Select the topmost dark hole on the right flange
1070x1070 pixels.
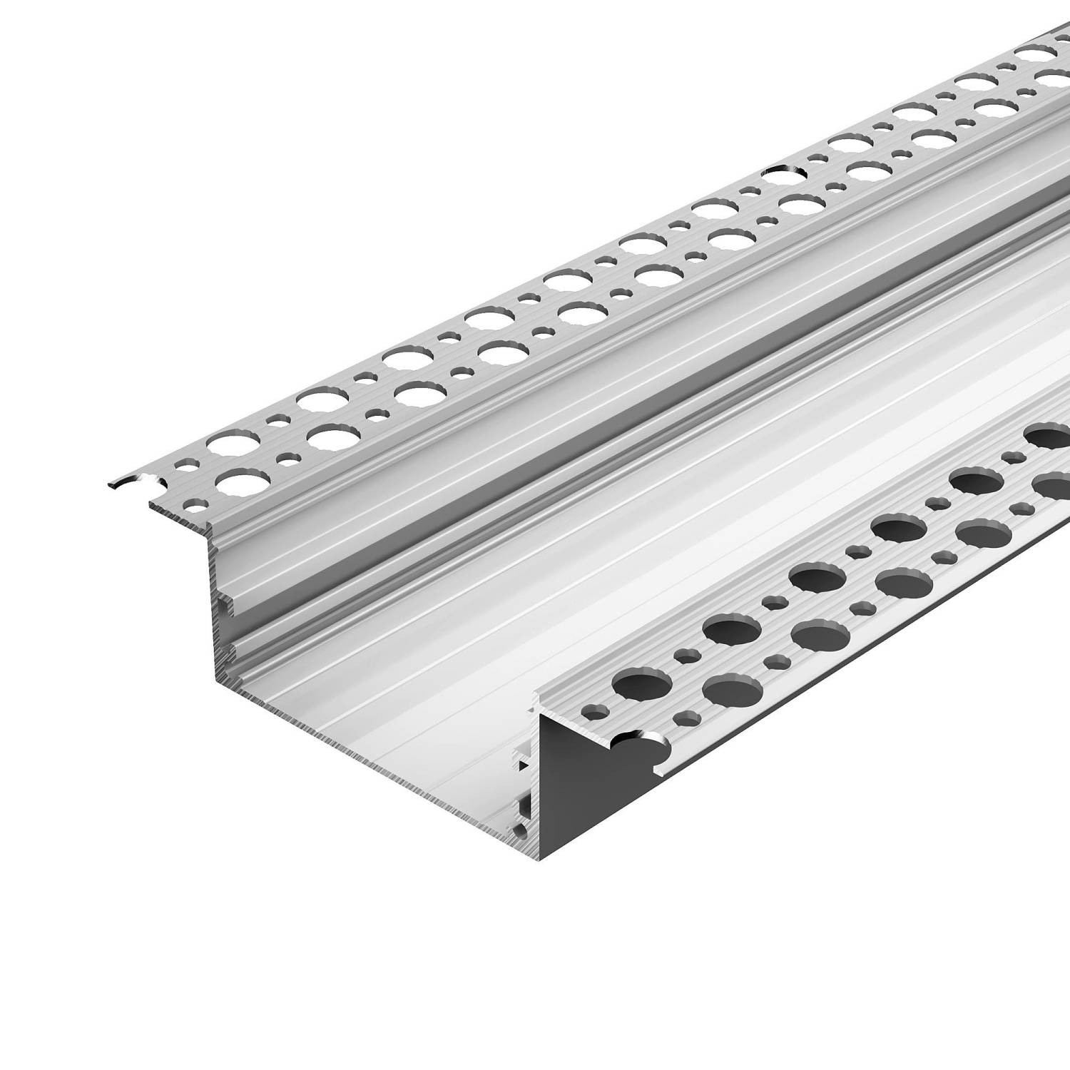pyautogui.click(x=1048, y=434)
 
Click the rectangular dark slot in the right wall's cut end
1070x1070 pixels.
pyautogui.click(x=526, y=807)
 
